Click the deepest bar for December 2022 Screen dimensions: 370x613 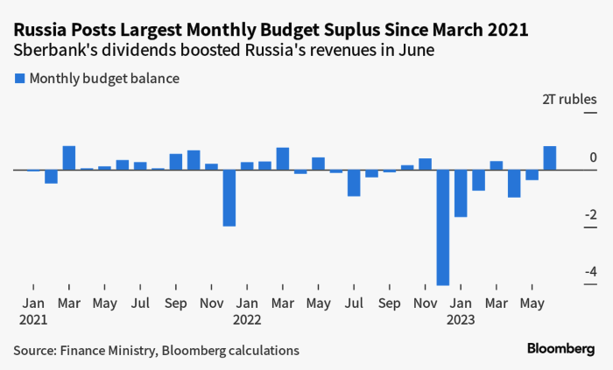(x=443, y=227)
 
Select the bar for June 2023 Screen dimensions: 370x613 (x=550, y=158)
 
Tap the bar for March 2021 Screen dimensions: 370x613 (x=69, y=158)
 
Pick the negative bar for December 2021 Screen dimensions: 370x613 (x=229, y=198)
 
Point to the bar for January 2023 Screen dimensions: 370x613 (x=461, y=193)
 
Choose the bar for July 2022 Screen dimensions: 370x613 (x=354, y=183)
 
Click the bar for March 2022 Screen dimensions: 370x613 (x=283, y=159)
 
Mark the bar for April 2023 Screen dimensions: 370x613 (x=514, y=184)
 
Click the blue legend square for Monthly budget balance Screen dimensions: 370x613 (x=20, y=79)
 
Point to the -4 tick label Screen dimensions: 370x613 (x=590, y=272)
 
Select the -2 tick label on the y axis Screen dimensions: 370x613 (x=590, y=215)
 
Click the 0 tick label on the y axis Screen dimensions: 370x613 (x=593, y=157)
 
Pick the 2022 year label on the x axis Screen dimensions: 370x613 (x=247, y=319)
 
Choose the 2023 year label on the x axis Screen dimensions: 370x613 (x=461, y=319)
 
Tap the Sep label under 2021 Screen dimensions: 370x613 (x=176, y=304)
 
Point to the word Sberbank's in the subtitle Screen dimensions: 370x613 (x=54, y=51)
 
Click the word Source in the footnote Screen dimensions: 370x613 (x=32, y=351)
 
